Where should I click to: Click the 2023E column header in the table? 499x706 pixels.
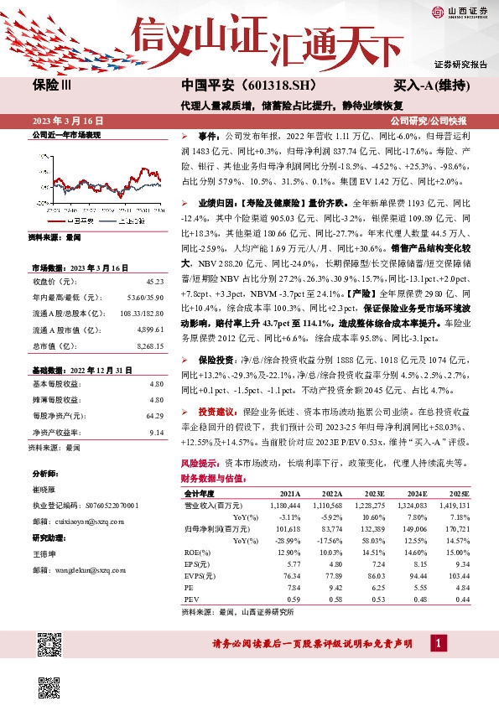[375, 494]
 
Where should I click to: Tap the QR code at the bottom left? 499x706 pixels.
[50, 644]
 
